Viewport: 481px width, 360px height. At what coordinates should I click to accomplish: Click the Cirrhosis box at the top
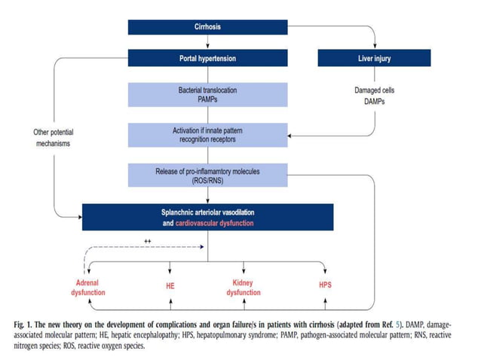[207, 27]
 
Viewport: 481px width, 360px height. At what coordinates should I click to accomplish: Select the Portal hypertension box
[207, 57]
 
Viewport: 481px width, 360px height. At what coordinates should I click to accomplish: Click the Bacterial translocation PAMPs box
[207, 94]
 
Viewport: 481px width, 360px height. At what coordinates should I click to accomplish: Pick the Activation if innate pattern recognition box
[207, 135]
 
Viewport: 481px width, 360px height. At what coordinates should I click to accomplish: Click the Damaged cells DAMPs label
[371, 95]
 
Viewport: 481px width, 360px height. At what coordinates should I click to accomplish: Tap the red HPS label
[323, 287]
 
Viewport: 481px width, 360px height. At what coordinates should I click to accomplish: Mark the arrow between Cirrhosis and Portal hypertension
[207, 42]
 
